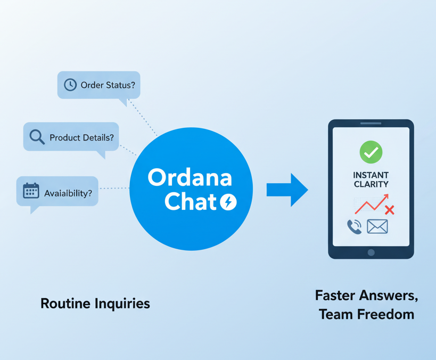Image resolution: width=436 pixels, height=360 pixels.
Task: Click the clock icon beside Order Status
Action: tap(70, 85)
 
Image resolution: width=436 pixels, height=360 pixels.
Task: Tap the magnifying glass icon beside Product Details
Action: tap(37, 137)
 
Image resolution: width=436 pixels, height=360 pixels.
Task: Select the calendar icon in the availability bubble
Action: tap(31, 191)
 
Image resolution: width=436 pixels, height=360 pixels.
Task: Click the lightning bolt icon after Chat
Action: tap(228, 202)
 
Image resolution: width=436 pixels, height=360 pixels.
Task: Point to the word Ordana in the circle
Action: tap(190, 177)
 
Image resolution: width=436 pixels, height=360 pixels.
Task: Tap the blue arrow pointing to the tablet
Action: tap(287, 190)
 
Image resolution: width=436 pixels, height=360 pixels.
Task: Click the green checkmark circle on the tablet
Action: tap(371, 152)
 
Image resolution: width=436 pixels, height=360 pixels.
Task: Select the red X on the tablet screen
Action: tap(390, 210)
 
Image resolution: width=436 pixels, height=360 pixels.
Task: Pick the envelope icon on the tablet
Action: tap(377, 227)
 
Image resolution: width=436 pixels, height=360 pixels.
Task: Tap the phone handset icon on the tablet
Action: tap(354, 227)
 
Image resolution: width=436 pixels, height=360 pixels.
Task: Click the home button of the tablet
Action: tap(371, 252)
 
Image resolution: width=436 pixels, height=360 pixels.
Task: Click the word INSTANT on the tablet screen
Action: tap(371, 175)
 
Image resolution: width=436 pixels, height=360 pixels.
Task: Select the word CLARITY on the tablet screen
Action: tap(371, 184)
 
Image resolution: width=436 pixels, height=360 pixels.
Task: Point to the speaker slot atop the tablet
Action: tap(371, 124)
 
